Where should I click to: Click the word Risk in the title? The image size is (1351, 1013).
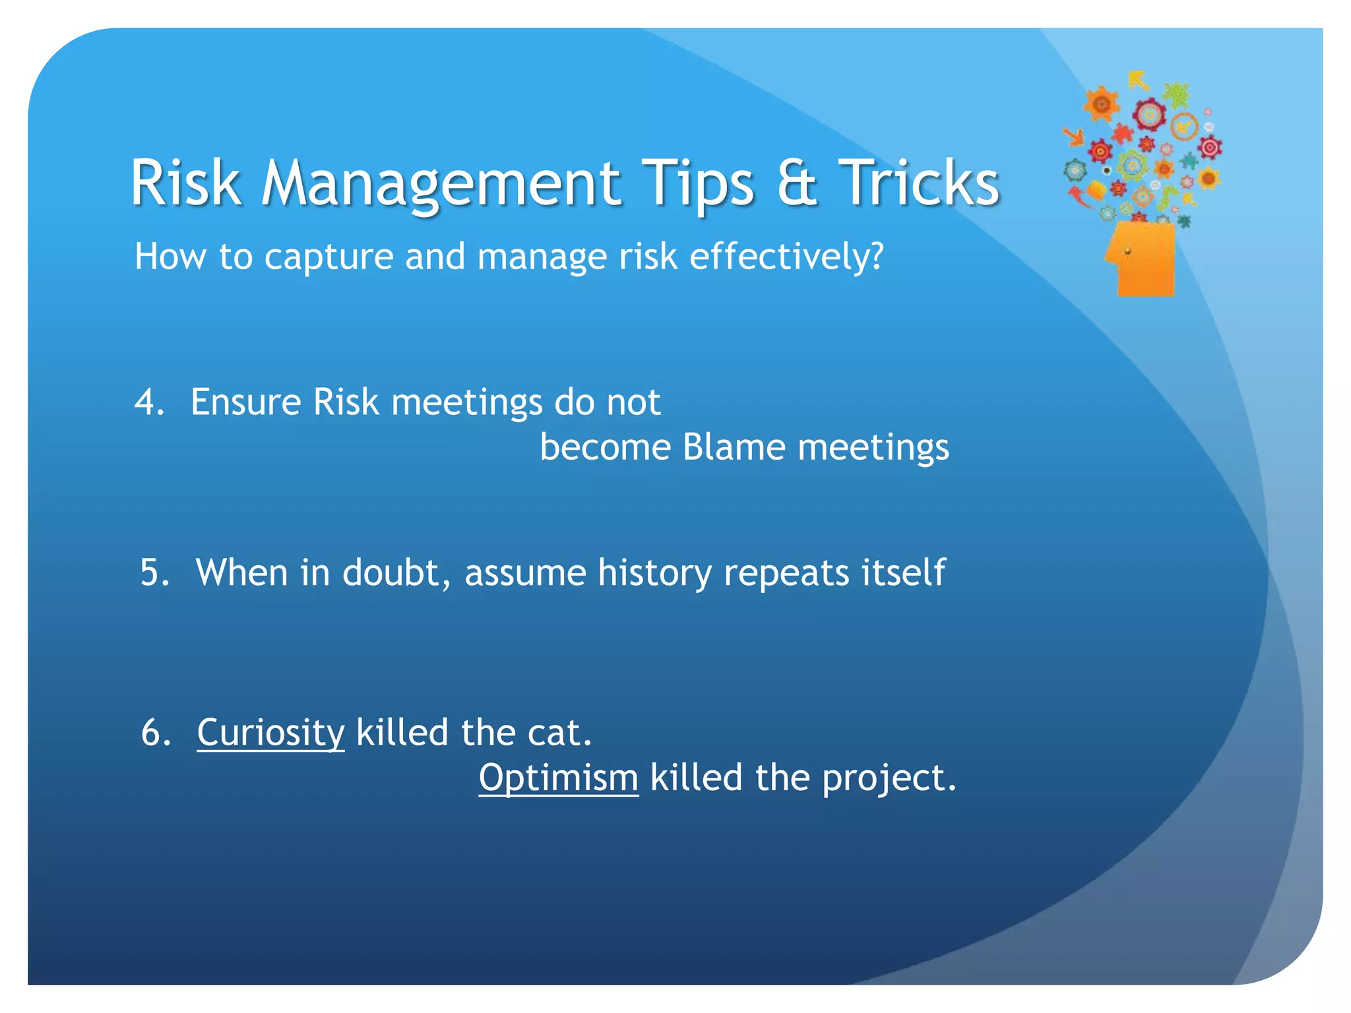pyautogui.click(x=185, y=183)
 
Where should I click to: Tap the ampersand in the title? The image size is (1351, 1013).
pyautogui.click(x=796, y=183)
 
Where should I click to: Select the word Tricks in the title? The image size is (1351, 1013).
pyautogui.click(x=918, y=183)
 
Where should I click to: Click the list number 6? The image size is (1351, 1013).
pyautogui.click(x=156, y=732)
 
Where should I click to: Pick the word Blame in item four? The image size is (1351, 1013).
pyautogui.click(x=734, y=447)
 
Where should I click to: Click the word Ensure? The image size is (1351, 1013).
pyautogui.click(x=245, y=402)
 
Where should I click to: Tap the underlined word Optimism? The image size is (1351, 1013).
pyautogui.click(x=558, y=778)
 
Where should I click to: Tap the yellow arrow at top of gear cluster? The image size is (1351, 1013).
pyautogui.click(x=1138, y=80)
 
